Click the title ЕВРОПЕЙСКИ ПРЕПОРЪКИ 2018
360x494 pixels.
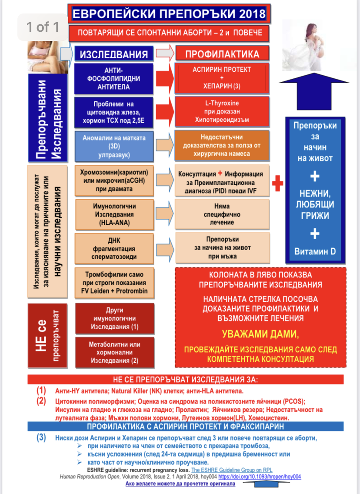click(x=169, y=13)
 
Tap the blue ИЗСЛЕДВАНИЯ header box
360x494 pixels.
click(x=113, y=54)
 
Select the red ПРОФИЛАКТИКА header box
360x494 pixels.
click(x=222, y=54)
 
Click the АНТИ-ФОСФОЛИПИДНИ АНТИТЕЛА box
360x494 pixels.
click(x=113, y=78)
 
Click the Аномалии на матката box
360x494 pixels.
click(x=113, y=146)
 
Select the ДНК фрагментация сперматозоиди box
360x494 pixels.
click(x=113, y=249)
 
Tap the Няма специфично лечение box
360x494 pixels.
click(x=222, y=214)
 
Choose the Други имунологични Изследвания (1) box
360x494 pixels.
click(x=113, y=318)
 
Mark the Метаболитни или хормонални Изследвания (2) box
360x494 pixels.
click(x=113, y=352)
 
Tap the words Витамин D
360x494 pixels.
click(x=315, y=251)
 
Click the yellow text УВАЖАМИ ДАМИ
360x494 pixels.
click(x=261, y=334)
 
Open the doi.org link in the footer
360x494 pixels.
click(x=265, y=477)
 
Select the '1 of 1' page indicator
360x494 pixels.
click(x=43, y=27)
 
